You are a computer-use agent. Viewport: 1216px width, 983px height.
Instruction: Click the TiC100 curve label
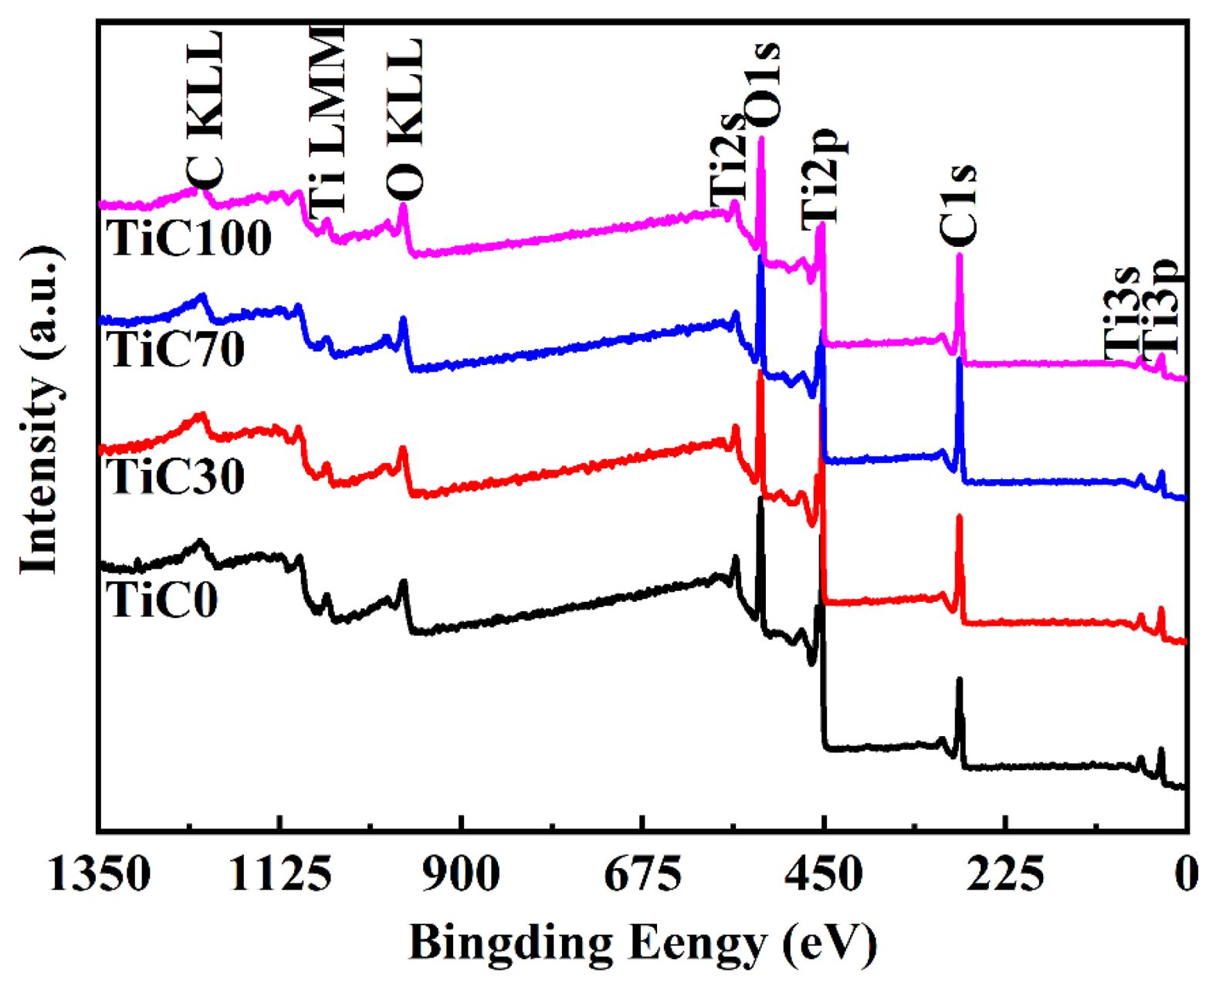click(x=189, y=238)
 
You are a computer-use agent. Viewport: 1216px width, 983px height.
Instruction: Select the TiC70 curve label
click(x=177, y=349)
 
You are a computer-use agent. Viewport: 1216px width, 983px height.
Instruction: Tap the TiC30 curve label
click(x=177, y=475)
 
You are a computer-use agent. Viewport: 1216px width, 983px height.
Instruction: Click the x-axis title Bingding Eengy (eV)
click(x=642, y=943)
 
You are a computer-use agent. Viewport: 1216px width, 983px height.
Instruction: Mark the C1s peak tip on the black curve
click(x=960, y=680)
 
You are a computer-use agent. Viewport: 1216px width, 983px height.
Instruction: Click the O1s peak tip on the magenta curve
click(x=761, y=140)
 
